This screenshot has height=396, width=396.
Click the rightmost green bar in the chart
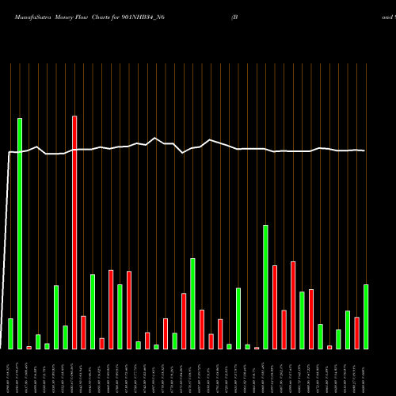coord(366,317)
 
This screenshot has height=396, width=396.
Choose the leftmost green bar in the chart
coord(10,333)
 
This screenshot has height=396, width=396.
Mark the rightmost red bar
coord(357,333)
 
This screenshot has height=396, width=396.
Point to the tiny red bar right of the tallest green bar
coord(29,347)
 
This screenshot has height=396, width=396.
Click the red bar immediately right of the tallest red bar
coord(83,333)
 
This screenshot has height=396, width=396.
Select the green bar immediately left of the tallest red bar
coord(65,337)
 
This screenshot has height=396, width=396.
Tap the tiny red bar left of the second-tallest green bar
coord(257,348)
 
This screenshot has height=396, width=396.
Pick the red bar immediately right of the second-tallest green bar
coord(275,307)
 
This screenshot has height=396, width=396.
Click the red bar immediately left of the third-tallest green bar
coord(184,321)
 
